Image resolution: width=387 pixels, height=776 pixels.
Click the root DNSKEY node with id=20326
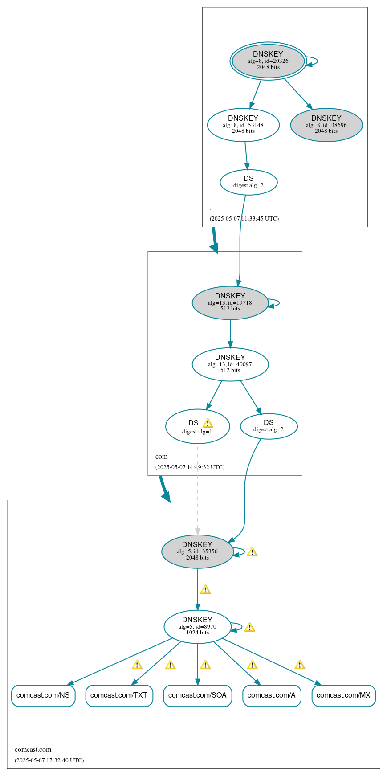(x=268, y=61)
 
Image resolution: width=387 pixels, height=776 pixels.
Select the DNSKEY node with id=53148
(x=243, y=125)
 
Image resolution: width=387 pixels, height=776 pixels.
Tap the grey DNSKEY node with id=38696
(x=326, y=125)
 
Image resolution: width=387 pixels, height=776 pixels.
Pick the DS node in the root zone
(x=248, y=182)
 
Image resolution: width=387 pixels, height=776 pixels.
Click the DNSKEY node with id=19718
(x=230, y=302)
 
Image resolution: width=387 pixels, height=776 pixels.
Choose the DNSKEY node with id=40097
(x=230, y=364)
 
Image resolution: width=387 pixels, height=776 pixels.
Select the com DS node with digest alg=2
(x=269, y=426)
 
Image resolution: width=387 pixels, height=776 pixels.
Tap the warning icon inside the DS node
(x=208, y=423)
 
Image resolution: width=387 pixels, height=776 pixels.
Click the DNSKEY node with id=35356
(x=197, y=551)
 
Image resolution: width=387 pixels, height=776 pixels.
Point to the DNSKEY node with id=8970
(x=197, y=626)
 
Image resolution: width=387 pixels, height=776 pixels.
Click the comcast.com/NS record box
(x=43, y=695)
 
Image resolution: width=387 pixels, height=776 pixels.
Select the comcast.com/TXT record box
(x=119, y=695)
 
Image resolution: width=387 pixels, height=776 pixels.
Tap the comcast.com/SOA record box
(x=197, y=695)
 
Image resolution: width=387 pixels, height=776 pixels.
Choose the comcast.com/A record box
(x=272, y=695)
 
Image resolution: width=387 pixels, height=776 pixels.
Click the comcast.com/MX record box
(x=343, y=695)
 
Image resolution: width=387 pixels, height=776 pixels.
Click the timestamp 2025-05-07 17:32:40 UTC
(x=49, y=760)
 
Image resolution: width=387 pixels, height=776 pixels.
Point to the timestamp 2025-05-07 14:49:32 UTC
(x=190, y=467)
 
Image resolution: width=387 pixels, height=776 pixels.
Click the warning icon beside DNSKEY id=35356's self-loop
(x=252, y=552)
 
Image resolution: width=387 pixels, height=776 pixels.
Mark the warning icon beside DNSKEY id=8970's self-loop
(x=249, y=627)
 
